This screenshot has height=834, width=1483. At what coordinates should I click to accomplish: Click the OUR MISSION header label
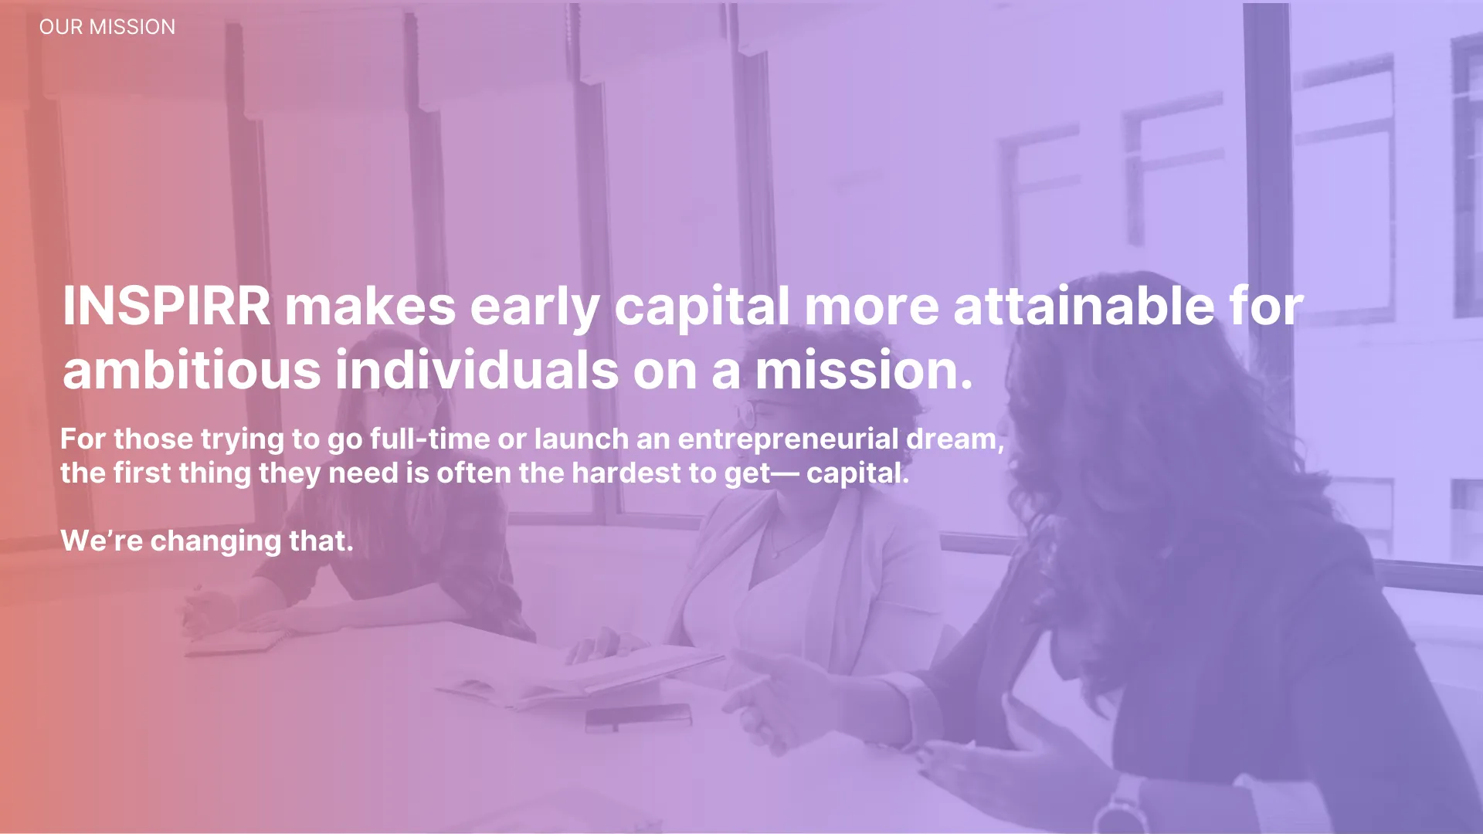click(107, 27)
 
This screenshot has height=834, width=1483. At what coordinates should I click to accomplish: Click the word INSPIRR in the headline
click(167, 306)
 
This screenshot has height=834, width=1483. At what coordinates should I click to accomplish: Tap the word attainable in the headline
click(1084, 306)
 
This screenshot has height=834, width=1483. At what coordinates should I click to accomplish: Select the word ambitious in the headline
click(192, 370)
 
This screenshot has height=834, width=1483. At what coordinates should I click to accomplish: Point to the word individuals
click(477, 370)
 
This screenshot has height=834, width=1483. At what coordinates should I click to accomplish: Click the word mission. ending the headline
click(864, 370)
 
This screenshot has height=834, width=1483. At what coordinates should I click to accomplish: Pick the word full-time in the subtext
click(429, 439)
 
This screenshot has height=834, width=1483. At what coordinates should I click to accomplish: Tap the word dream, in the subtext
click(955, 439)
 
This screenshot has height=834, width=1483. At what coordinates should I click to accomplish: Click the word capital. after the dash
click(858, 473)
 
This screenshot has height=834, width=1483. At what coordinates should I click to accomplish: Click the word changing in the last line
click(215, 541)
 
